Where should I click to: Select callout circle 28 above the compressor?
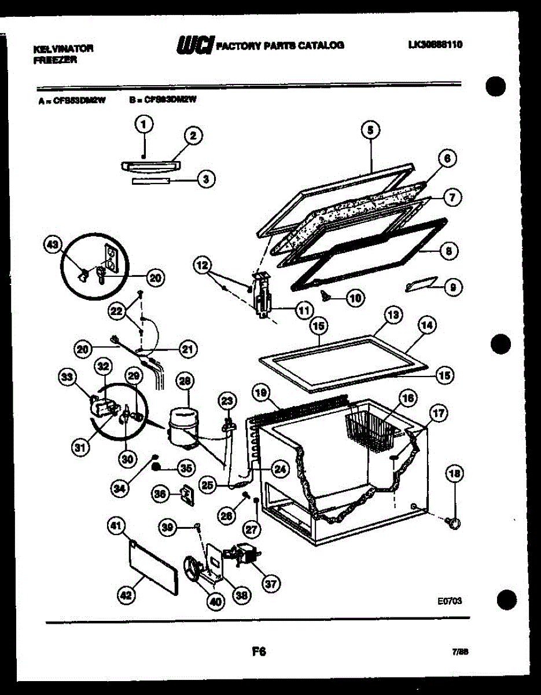pos(185,381)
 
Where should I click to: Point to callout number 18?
pos(454,474)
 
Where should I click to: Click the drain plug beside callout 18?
pos(454,523)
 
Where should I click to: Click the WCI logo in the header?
pos(196,45)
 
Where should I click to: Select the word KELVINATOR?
pos(63,49)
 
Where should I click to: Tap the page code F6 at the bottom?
pos(259,652)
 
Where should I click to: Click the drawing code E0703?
pos(449,601)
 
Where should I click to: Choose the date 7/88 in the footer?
pos(460,652)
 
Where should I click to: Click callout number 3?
pos(205,180)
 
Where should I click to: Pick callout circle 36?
pos(161,493)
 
